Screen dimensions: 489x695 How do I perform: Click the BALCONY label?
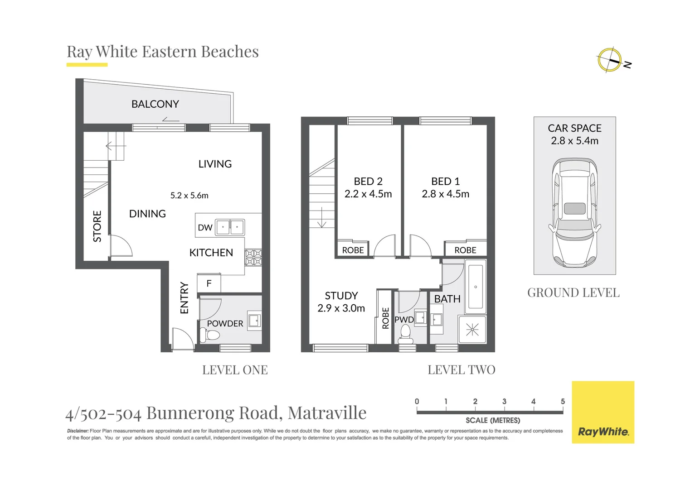tap(155, 104)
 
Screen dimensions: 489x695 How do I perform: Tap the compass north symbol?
tap(610, 60)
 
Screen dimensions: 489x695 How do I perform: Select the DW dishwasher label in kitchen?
tap(205, 228)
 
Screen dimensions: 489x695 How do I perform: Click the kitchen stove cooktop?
tap(253, 258)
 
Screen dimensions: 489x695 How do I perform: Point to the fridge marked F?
tap(209, 284)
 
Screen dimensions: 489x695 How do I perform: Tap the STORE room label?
tap(97, 226)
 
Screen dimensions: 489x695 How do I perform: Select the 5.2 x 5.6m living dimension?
tap(189, 196)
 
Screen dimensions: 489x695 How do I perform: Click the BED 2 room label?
tap(368, 182)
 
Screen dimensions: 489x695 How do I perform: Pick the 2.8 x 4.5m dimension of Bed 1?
tap(445, 194)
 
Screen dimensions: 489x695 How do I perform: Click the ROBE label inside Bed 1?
tap(465, 250)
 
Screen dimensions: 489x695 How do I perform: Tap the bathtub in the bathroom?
tap(475, 286)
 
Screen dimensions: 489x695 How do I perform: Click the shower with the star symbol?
tap(472, 330)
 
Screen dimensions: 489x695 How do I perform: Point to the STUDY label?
tap(341, 296)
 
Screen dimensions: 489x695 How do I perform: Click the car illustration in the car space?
tap(574, 212)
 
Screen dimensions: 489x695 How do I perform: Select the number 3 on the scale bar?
tap(504, 402)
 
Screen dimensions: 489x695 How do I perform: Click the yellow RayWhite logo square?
tap(603, 412)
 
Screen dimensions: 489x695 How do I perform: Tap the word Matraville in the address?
tap(327, 413)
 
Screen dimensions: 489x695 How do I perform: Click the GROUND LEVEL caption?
tap(573, 293)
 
